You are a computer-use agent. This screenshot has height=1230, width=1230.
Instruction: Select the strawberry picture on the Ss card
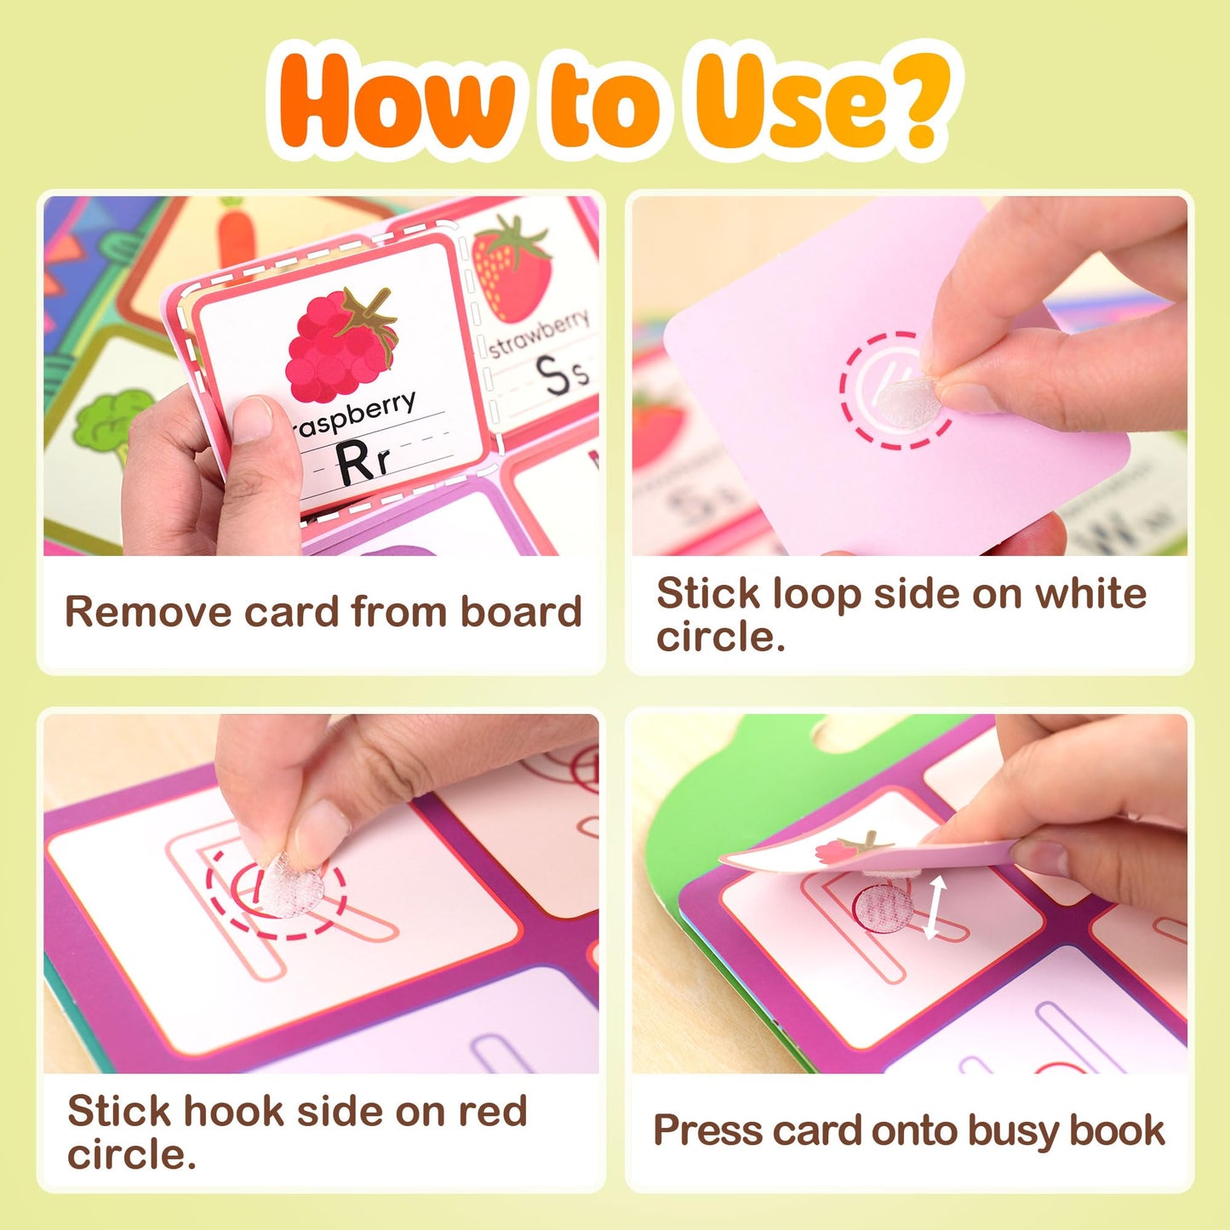point(511,268)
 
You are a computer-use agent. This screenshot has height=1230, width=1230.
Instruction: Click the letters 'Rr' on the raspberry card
point(362,464)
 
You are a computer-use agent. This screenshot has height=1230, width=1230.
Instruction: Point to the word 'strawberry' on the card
point(540,332)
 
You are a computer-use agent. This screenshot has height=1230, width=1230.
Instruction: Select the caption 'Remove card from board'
point(323,611)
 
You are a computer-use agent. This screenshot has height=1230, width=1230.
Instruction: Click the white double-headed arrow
point(935,909)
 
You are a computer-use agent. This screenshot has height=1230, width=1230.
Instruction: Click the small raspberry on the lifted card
point(838,850)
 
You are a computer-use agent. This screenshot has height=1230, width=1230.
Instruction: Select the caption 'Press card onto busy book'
point(908,1130)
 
